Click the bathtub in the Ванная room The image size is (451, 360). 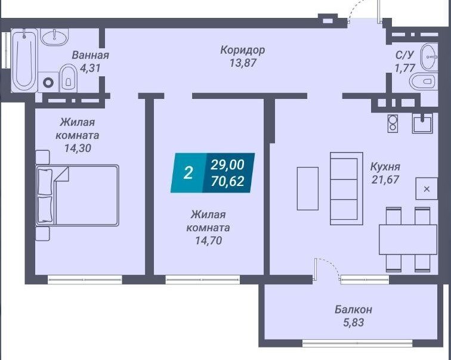24,60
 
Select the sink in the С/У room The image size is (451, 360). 429,57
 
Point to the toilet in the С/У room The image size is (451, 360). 424,81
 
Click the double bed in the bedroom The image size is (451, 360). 78,195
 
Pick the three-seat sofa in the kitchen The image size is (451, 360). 346,188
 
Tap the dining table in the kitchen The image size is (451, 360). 408,240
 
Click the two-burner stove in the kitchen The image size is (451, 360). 393,123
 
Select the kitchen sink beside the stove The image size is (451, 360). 422,123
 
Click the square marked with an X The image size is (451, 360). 427,189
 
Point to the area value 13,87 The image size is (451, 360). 242,63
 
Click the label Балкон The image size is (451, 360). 353,309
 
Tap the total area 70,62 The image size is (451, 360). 227,181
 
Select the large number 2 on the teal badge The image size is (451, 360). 188,173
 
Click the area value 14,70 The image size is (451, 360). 209,240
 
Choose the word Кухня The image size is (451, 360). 385,167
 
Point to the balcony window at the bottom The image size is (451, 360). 357,343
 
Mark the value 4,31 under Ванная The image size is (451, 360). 90,68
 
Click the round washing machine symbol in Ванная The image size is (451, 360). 48,83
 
